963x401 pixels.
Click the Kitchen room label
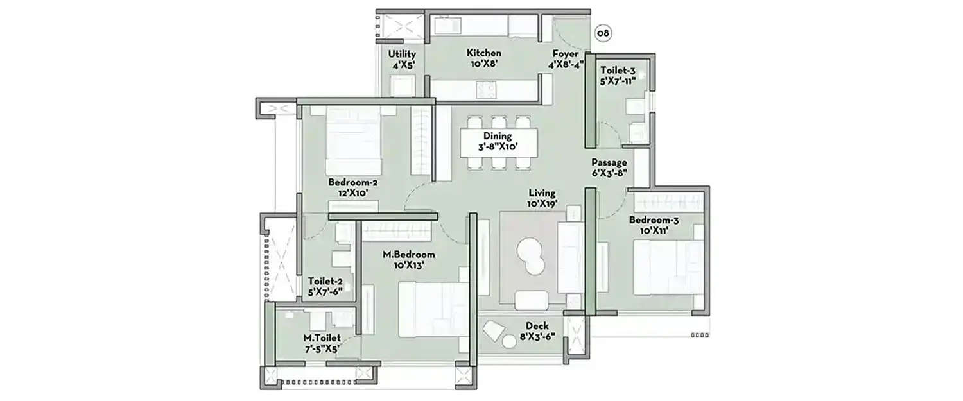pyautogui.click(x=484, y=58)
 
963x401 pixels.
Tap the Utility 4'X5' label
pyautogui.click(x=403, y=60)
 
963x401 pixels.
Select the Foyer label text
pyautogui.click(x=565, y=58)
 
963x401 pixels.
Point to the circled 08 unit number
pyautogui.click(x=603, y=32)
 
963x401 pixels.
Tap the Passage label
pyautogui.click(x=609, y=167)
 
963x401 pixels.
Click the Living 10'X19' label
pyautogui.click(x=542, y=198)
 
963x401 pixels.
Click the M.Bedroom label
pyautogui.click(x=404, y=259)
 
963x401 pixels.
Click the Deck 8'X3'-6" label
pyautogui.click(x=536, y=330)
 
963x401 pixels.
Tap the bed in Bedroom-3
pyautogui.click(x=664, y=267)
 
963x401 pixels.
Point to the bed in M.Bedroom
pyautogui.click(x=431, y=309)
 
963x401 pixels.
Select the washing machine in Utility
pyautogui.click(x=403, y=85)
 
